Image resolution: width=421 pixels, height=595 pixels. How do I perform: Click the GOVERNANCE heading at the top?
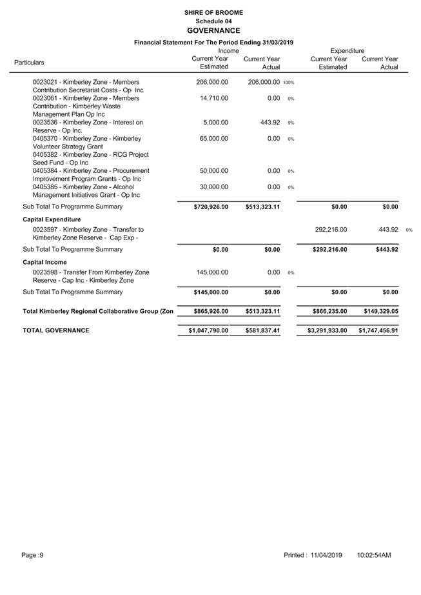(x=213, y=30)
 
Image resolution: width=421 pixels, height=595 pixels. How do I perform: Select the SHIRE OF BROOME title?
(x=213, y=12)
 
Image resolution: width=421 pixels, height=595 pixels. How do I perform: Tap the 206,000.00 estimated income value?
(x=212, y=83)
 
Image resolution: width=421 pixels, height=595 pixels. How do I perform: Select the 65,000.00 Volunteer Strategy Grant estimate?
(x=213, y=139)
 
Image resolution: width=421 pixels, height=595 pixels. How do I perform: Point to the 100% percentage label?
(x=288, y=83)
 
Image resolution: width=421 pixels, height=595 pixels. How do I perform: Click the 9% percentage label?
(x=291, y=123)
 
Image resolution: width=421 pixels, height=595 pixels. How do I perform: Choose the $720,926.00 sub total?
(x=211, y=207)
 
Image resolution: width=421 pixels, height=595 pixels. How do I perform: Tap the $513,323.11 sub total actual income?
(x=262, y=207)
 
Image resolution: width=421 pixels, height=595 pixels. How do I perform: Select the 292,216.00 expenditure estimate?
(x=331, y=230)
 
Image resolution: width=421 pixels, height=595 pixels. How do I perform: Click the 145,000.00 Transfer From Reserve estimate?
(x=212, y=272)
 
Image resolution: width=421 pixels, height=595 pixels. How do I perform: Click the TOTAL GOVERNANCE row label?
(x=56, y=330)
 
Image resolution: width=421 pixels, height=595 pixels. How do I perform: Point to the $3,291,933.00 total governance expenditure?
(x=327, y=330)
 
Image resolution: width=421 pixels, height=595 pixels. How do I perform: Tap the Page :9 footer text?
(x=32, y=555)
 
